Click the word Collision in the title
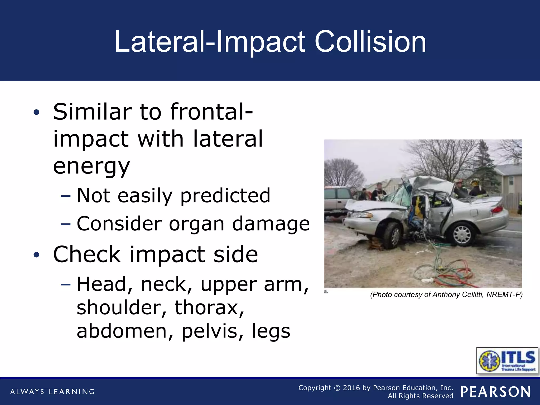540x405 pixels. point(370,42)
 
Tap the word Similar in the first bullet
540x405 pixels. point(92,112)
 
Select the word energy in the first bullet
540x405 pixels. point(91,167)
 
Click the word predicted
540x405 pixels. point(225,196)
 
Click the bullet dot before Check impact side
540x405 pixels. point(36,255)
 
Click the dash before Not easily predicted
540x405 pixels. point(65,196)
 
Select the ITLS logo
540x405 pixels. point(507,360)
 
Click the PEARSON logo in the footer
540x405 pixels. point(495,392)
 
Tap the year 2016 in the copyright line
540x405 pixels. point(351,388)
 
